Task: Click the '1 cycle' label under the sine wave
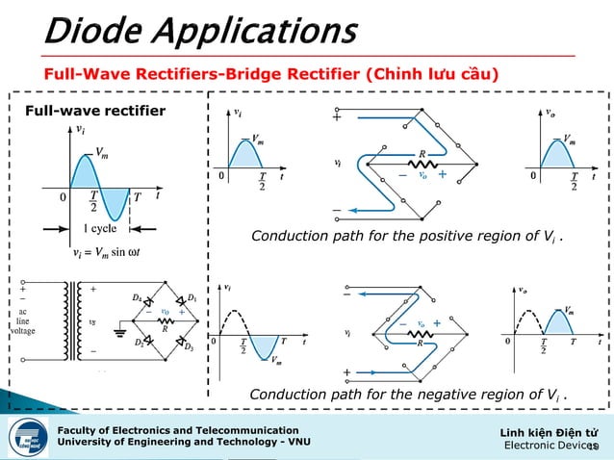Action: point(100,229)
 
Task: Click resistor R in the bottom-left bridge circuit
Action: point(163,326)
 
